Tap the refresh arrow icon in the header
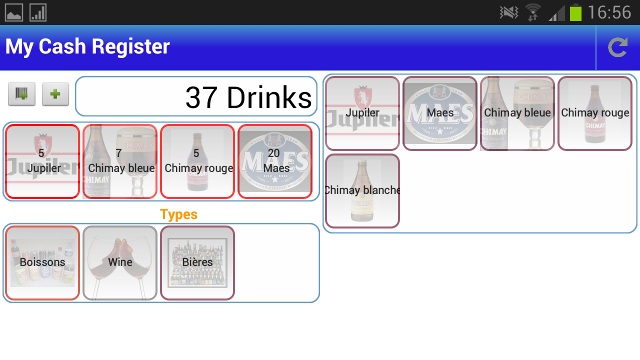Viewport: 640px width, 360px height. (617, 47)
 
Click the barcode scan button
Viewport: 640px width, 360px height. (21, 94)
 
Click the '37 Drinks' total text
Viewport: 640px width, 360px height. (248, 97)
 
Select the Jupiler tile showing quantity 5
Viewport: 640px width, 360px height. (42, 161)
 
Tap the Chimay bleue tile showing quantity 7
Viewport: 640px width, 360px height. (120, 161)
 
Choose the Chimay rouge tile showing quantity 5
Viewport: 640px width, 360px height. (197, 161)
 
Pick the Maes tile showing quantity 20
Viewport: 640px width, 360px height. (275, 161)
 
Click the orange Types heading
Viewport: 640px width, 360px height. (178, 214)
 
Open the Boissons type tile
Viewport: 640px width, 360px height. (42, 263)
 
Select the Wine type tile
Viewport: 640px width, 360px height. (120, 263)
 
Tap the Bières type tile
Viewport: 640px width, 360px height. (197, 263)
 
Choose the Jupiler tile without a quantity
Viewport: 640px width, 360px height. (362, 113)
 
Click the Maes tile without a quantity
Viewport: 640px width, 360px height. (440, 113)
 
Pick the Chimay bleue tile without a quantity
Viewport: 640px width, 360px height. (517, 113)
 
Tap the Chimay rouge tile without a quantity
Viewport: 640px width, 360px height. (595, 113)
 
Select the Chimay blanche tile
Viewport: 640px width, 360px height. (362, 191)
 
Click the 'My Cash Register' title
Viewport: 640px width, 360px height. (87, 46)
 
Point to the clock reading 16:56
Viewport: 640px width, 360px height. (609, 12)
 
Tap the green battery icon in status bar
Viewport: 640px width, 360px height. (575, 12)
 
